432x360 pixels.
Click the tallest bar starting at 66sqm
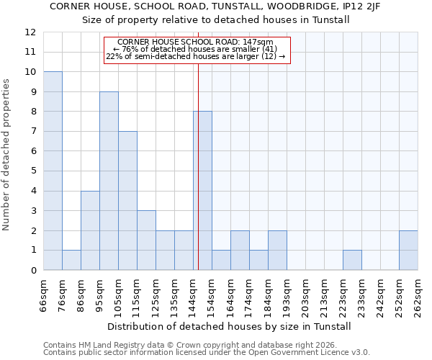click(x=53, y=171)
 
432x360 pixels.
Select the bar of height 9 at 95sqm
click(x=109, y=181)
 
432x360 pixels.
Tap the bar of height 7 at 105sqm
click(x=127, y=201)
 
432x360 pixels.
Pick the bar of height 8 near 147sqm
click(x=202, y=191)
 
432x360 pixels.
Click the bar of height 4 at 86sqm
click(x=90, y=230)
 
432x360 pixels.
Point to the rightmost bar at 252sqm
click(x=408, y=251)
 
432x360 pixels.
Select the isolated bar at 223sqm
click(x=352, y=260)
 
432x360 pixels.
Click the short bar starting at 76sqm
click(x=71, y=260)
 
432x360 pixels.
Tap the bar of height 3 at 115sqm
click(x=146, y=240)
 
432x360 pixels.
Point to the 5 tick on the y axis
click(x=33, y=171)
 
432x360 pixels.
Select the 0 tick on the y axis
click(x=33, y=271)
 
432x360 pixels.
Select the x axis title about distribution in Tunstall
click(x=230, y=326)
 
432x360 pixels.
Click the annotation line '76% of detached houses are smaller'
click(x=196, y=49)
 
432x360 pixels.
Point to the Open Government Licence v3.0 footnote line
click(x=207, y=353)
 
